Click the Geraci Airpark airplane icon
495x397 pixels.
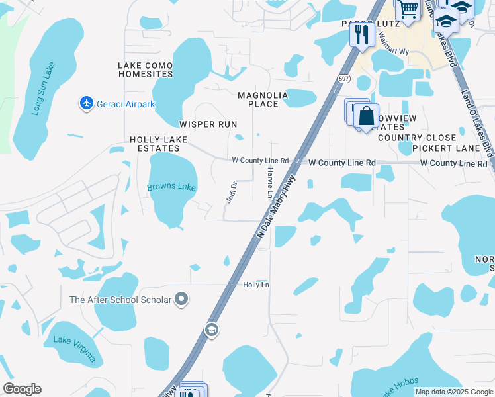point(86,103)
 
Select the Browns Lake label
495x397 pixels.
point(171,187)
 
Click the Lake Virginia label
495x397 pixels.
point(74,349)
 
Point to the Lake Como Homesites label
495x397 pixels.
point(146,69)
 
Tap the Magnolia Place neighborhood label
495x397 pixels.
point(263,99)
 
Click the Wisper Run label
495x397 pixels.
point(208,124)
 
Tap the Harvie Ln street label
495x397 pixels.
point(270,183)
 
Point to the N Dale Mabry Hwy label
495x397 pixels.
point(277,206)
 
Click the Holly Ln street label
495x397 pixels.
point(256,285)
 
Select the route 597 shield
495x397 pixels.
point(343,78)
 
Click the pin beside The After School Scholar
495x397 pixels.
point(182,300)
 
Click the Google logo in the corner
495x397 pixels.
point(22,389)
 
